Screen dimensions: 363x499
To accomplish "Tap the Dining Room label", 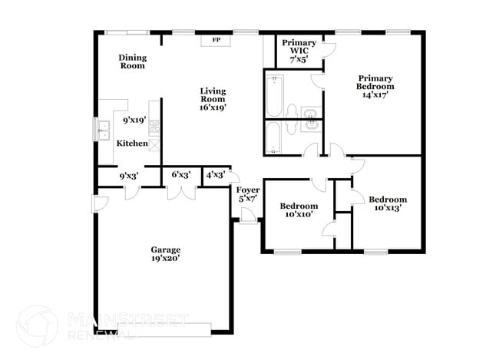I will (x=132, y=61).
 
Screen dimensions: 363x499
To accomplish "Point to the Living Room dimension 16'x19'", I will (x=213, y=107).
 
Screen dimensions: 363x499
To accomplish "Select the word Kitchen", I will (x=131, y=144).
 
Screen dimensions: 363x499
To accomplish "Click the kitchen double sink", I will (x=102, y=130).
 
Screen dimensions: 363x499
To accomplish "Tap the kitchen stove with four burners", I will (x=154, y=127).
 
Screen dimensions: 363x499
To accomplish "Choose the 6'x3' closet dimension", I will (x=181, y=176).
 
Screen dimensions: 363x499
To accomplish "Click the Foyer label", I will (x=247, y=190).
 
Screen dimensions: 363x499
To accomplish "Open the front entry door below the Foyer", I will (x=247, y=219).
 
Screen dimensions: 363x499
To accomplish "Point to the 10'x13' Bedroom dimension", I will (x=388, y=207).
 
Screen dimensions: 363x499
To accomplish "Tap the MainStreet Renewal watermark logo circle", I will (x=37, y=325).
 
